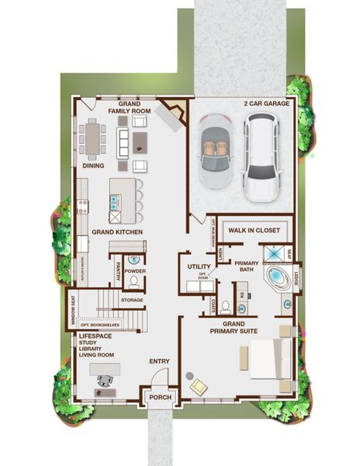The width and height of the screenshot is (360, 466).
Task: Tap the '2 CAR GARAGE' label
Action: pos(266,103)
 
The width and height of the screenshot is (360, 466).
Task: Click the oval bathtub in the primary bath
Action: pos(277,280)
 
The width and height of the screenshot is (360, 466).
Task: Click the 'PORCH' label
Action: pos(160,398)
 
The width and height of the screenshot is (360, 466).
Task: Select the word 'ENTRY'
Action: pos(159,361)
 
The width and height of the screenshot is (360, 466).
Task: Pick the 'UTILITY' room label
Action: pos(199,267)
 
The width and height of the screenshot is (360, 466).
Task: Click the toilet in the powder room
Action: pos(133,281)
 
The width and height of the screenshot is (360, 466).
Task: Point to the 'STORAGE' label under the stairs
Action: pos(132,299)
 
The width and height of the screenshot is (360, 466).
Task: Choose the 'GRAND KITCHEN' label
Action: pos(115,232)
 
